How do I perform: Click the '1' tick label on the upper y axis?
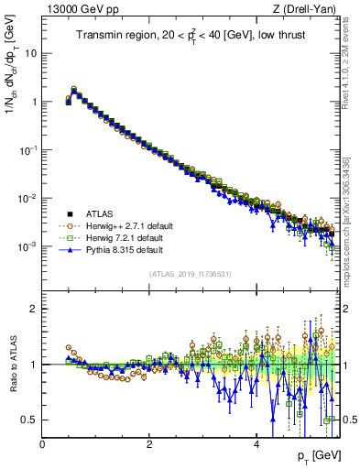[34, 102]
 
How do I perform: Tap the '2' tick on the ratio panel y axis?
[34, 309]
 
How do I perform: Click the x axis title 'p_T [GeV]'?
[316, 456]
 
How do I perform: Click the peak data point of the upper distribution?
[74, 90]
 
